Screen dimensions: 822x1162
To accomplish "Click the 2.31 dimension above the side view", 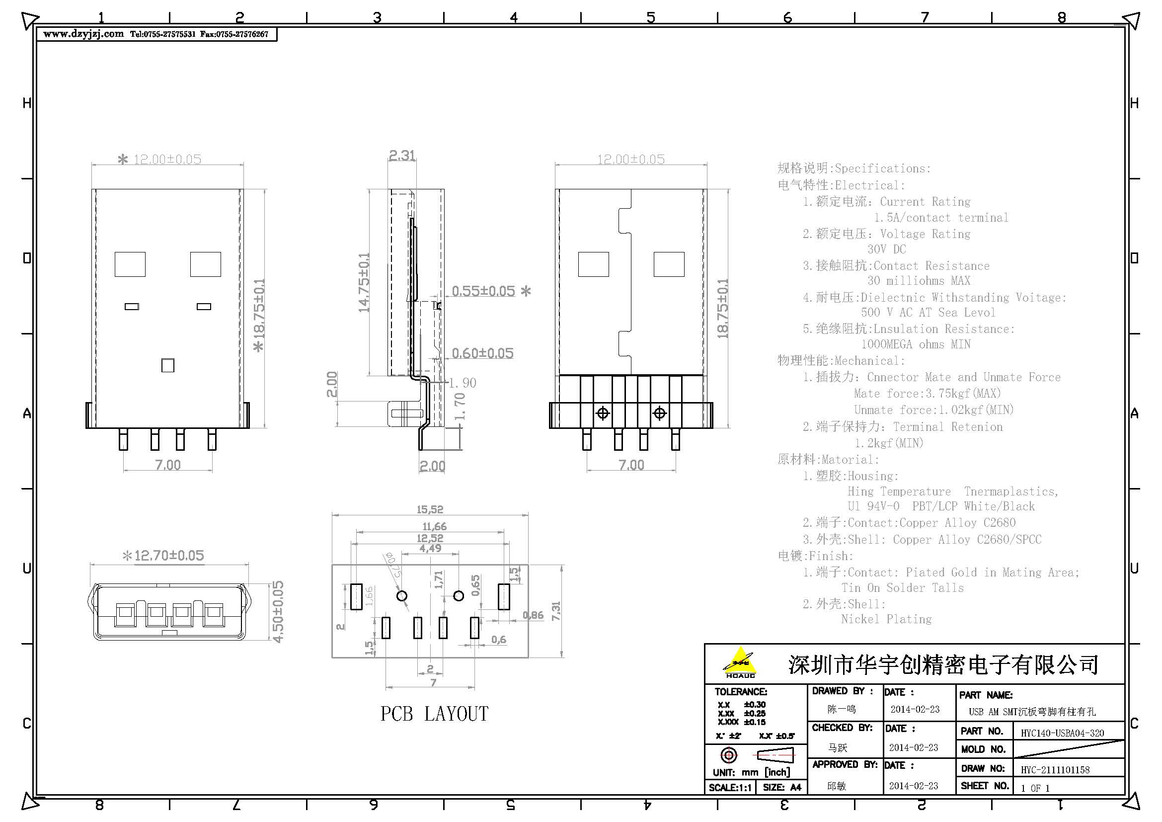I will point(402,155).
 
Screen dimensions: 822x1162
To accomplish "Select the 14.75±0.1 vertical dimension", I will point(364,282).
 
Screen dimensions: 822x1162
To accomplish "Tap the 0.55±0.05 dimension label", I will point(483,291).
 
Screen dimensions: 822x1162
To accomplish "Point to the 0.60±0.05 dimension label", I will point(482,353).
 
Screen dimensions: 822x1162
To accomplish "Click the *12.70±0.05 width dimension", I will point(163,556).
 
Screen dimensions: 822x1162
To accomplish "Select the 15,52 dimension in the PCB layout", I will point(430,509).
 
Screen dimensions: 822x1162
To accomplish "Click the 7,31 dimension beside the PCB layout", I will point(556,611).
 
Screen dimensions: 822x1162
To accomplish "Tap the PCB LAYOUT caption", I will point(434,714).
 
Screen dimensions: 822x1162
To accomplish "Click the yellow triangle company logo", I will point(740,661).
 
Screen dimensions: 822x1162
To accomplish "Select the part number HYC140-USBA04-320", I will point(1062,733).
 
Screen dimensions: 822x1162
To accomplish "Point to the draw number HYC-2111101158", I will point(1055,770).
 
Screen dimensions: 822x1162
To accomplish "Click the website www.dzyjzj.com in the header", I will point(83,34).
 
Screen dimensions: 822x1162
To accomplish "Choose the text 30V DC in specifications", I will point(886,249).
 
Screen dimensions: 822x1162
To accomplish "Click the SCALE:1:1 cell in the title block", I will point(730,788).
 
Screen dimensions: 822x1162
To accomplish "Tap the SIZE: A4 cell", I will point(781,788).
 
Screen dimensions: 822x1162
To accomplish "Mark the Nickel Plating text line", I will point(886,619).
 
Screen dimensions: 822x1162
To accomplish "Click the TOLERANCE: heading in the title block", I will point(740,691).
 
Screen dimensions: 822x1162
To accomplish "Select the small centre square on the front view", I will point(167,365).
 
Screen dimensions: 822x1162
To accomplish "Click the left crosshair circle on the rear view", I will point(603,413).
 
